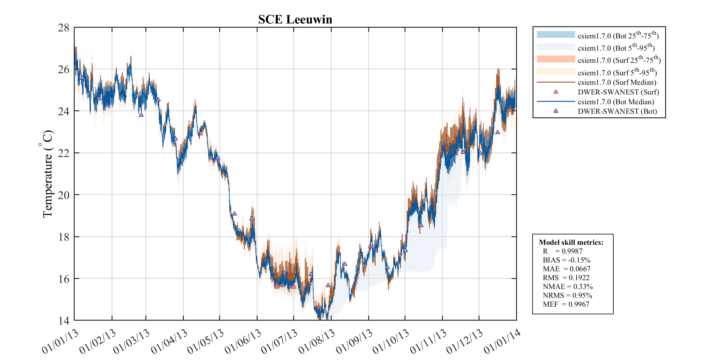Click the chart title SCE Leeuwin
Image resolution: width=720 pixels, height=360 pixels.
click(x=295, y=20)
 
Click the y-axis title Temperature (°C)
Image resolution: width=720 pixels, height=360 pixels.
click(x=48, y=174)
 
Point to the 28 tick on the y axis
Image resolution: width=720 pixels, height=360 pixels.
click(x=64, y=28)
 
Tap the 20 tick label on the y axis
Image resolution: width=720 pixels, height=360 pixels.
click(x=64, y=195)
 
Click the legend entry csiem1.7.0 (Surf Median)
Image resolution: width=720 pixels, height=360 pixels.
click(x=617, y=82)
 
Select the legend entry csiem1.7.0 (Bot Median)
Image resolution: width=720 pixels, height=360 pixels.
click(x=616, y=102)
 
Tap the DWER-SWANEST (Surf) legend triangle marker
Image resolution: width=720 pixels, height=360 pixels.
click(x=556, y=92)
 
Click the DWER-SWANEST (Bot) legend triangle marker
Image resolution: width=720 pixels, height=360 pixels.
click(x=556, y=111)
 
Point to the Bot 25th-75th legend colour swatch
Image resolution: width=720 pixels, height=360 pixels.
click(x=556, y=35)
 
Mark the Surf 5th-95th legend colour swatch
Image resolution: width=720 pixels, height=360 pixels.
click(x=556, y=71)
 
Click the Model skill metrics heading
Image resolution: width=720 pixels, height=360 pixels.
click(x=571, y=242)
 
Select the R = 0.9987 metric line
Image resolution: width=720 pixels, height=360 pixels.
click(x=562, y=251)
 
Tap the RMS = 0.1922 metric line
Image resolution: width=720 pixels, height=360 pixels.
click(x=566, y=278)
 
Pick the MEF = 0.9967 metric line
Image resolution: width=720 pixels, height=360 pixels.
click(x=566, y=304)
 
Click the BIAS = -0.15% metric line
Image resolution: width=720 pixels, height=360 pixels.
click(x=566, y=260)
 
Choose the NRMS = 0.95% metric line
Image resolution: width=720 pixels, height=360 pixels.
click(x=567, y=295)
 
